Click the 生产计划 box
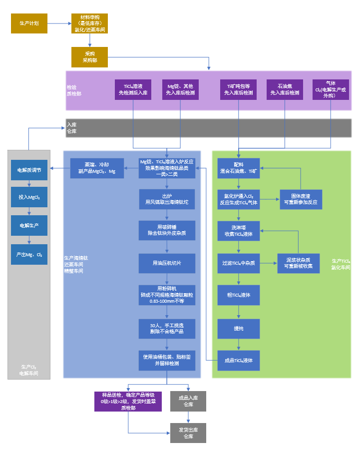click(x=29, y=23)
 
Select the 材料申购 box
click(x=89, y=23)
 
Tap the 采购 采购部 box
click(x=89, y=57)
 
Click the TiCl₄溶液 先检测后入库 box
click(x=133, y=89)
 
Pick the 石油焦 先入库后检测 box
click(x=285, y=89)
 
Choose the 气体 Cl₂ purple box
click(x=331, y=89)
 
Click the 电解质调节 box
click(x=29, y=170)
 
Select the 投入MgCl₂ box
click(x=29, y=197)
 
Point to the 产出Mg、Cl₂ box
click(x=29, y=254)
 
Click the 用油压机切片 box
click(x=167, y=263)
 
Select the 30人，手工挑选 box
click(x=167, y=329)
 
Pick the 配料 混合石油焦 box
click(x=239, y=168)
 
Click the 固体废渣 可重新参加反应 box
click(x=301, y=199)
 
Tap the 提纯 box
click(x=239, y=329)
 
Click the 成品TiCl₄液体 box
click(x=239, y=361)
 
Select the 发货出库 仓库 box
click(x=188, y=433)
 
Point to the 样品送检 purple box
click(x=128, y=401)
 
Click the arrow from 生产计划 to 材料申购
click(x=59, y=23)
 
